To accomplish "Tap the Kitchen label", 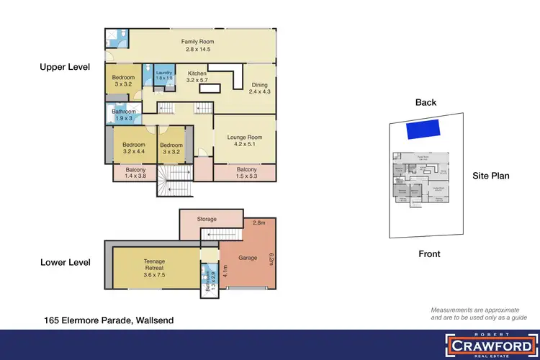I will coord(197,77).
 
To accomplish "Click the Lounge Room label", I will coord(245,141).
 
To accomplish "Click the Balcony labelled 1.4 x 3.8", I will coord(135,174).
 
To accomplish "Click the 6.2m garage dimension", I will coord(271,258).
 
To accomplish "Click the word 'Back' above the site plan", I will coord(426,102).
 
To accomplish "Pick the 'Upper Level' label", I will coord(65,67).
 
